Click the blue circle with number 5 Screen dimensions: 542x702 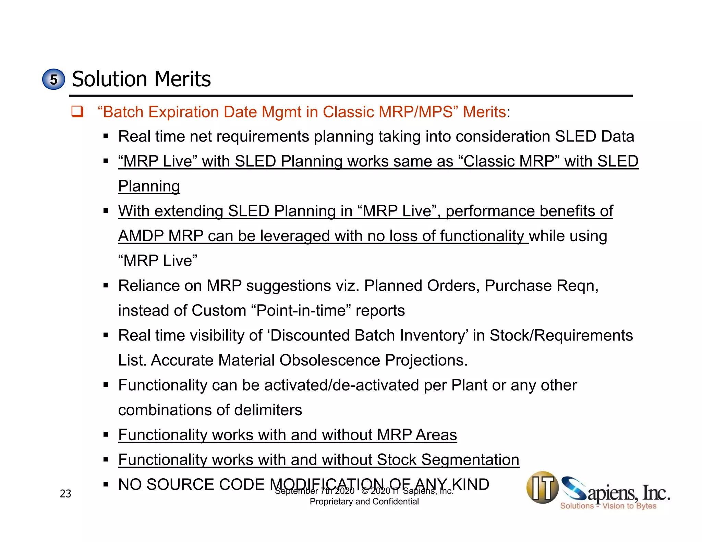coord(53,79)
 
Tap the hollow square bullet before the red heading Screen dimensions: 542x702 coord(77,112)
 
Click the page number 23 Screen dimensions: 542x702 coord(65,494)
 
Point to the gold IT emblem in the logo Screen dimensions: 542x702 coord(542,488)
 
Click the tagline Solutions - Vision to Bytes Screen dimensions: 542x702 coord(608,506)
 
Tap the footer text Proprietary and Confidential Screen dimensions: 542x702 coord(364,502)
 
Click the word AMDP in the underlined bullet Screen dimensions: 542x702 coord(141,236)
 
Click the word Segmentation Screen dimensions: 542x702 coord(470,460)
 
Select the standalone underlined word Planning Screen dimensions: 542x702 coord(149,186)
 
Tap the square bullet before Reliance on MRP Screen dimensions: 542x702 coord(106,285)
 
